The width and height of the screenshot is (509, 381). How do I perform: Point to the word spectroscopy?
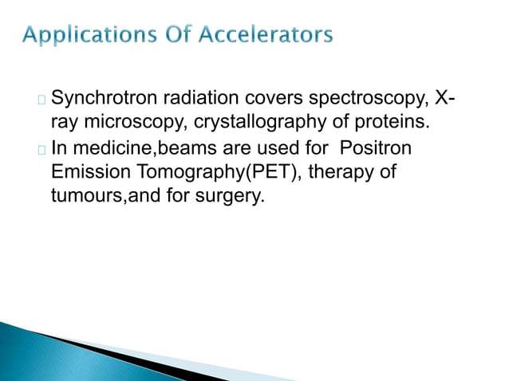(x=369, y=101)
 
